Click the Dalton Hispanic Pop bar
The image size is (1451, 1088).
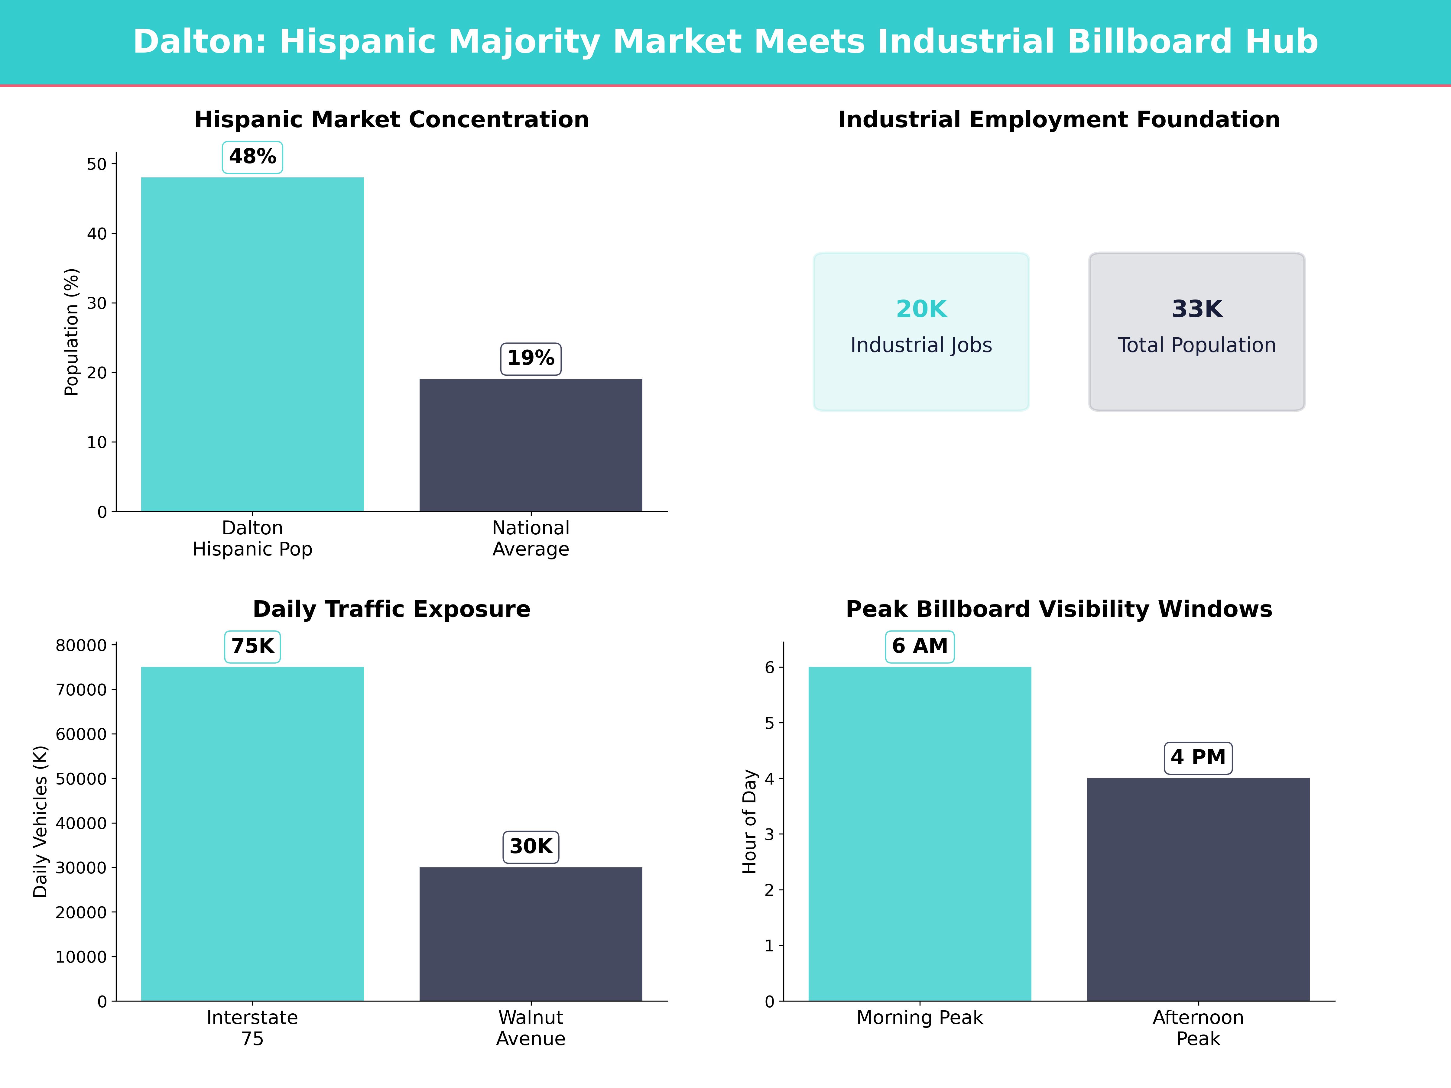pos(252,344)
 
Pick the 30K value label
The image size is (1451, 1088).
pos(531,847)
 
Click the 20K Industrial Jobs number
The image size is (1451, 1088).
pos(921,309)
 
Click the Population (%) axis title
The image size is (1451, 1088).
pos(72,332)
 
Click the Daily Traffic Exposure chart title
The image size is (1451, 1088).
pos(391,609)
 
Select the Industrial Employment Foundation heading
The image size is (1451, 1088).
pos(1059,120)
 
